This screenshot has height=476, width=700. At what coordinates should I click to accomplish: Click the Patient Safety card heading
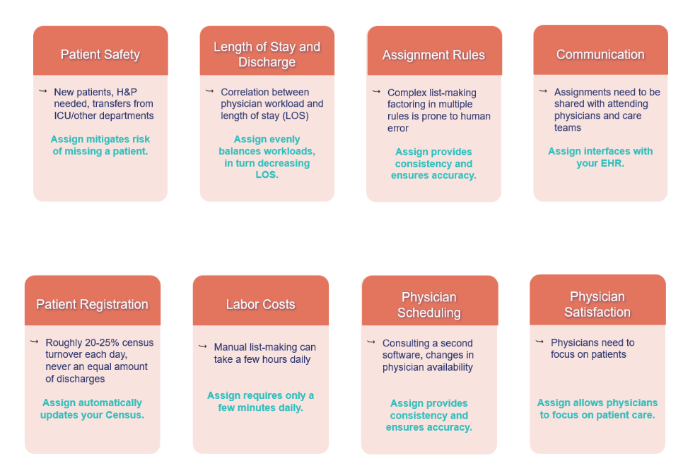click(100, 54)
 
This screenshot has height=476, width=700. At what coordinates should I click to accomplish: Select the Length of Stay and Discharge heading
click(267, 54)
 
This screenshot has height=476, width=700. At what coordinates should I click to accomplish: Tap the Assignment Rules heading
click(433, 55)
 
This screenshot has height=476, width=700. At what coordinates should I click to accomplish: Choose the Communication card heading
click(600, 54)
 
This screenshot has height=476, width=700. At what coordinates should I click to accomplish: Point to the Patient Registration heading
click(92, 305)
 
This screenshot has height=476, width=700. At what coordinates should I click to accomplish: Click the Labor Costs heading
click(261, 305)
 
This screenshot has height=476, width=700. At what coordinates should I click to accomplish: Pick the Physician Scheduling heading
click(429, 305)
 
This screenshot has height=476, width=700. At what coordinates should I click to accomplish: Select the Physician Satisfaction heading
click(597, 305)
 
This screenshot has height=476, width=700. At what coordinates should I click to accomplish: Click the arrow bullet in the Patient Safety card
click(43, 91)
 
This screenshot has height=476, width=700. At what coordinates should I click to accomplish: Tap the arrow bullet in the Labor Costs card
click(203, 346)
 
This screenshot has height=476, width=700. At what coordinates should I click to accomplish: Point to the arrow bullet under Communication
click(543, 91)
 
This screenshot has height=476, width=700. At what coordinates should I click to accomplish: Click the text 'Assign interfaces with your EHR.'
click(600, 157)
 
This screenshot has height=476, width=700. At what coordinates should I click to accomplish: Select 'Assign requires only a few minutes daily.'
click(261, 402)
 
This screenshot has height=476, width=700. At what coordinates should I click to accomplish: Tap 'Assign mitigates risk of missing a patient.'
click(100, 145)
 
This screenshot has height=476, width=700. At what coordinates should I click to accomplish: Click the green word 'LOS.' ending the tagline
click(267, 175)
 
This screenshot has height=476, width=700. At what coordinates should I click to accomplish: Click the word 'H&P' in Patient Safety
click(127, 92)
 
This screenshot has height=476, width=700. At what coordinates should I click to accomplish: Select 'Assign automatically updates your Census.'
click(92, 409)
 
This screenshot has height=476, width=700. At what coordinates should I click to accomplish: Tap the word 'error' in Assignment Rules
click(398, 128)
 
